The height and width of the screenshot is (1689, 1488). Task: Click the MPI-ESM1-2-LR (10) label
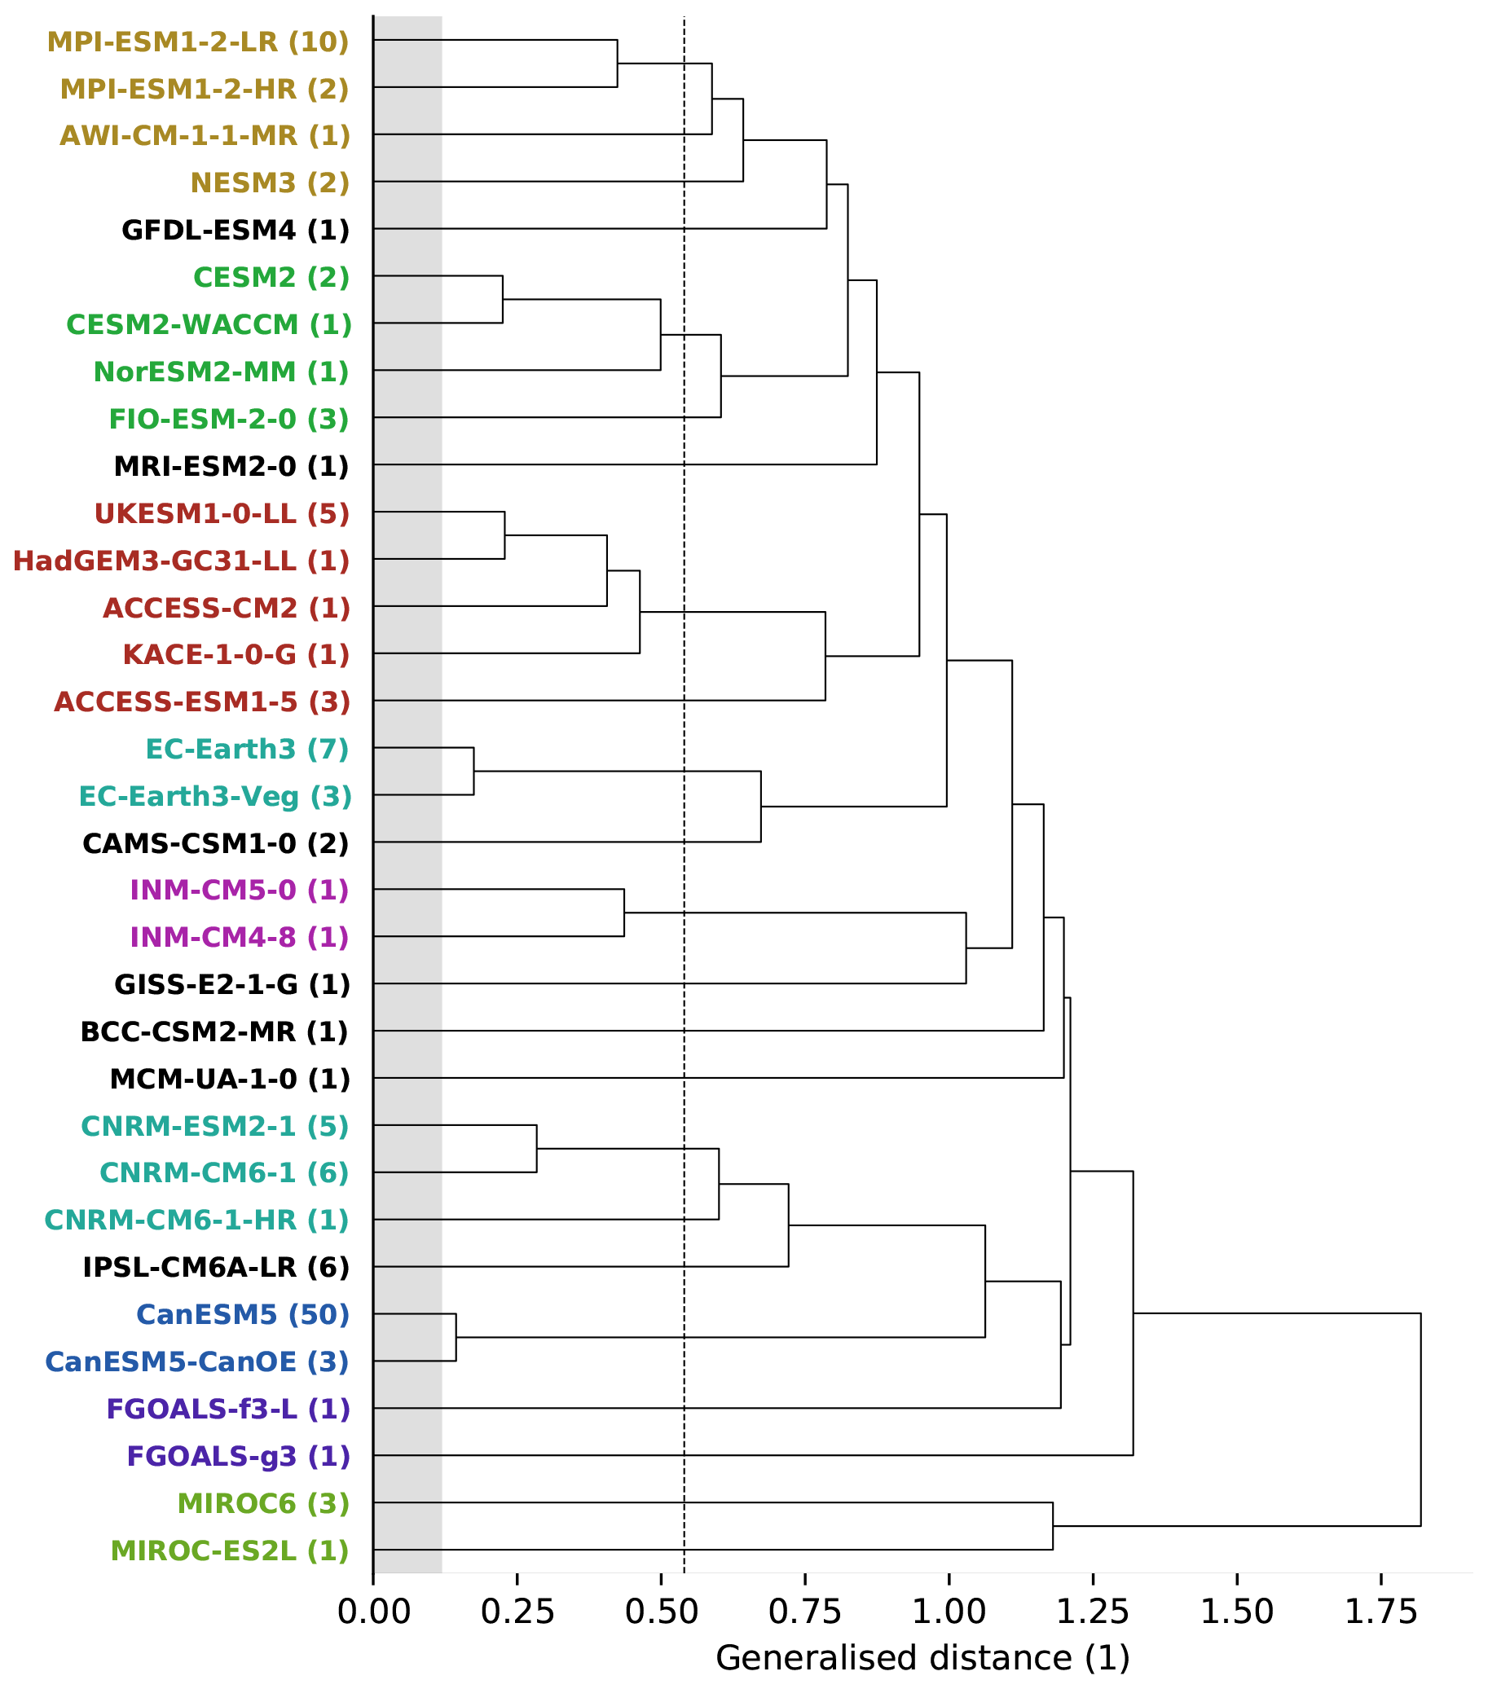point(197,42)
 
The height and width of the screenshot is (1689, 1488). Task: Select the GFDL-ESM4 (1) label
point(236,230)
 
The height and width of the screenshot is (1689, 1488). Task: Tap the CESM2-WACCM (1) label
point(209,325)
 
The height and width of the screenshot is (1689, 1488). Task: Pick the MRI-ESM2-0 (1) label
point(231,467)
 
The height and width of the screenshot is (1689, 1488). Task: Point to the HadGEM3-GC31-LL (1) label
point(181,562)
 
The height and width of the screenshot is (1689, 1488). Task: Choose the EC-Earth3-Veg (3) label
point(215,797)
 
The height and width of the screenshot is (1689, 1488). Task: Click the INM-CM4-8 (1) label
point(240,938)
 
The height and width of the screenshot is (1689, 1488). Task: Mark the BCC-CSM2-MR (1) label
point(214,1032)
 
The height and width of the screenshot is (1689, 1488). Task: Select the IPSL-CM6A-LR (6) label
point(216,1268)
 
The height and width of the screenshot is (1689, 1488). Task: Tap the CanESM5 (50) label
point(242,1315)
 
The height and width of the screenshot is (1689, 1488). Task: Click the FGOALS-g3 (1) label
point(238,1456)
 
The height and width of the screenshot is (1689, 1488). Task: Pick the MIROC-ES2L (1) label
point(230,1551)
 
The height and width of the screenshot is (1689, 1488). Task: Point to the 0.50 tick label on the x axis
point(661,1613)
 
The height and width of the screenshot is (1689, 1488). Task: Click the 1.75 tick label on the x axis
point(1380,1613)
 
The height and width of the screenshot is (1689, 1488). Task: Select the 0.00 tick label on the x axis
point(373,1613)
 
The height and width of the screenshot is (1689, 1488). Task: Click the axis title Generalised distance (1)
point(922,1658)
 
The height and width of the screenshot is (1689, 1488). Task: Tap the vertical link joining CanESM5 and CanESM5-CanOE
point(456,1337)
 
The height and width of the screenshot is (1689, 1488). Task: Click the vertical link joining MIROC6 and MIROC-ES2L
point(1052,1526)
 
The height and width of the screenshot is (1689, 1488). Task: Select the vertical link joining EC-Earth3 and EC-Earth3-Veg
point(473,771)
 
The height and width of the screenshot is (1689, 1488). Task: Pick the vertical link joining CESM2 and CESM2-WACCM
point(503,299)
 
